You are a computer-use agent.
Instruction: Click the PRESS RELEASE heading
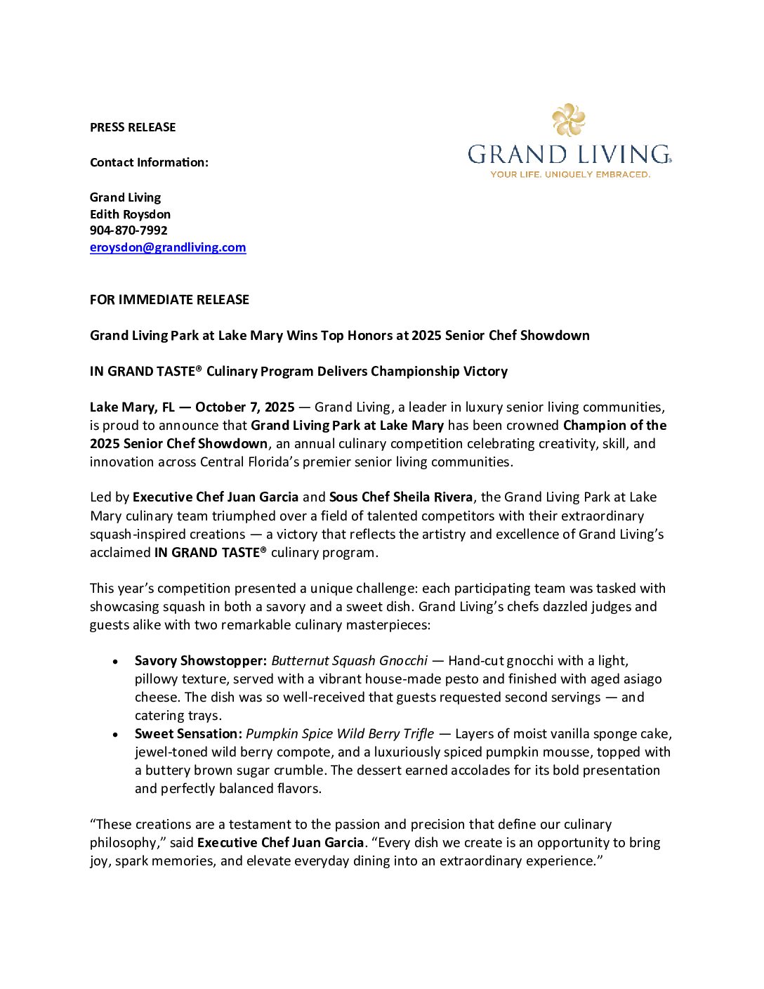pyautogui.click(x=133, y=127)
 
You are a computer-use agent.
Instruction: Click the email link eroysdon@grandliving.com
pyautogui.click(x=168, y=247)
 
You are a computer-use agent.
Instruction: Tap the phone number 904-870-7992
pyautogui.click(x=129, y=230)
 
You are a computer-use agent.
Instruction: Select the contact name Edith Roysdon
pyautogui.click(x=130, y=214)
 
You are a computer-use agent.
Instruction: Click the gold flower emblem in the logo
pyautogui.click(x=569, y=120)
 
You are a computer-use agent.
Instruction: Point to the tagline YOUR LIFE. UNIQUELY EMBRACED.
pyautogui.click(x=569, y=174)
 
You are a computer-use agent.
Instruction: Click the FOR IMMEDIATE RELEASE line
pyautogui.click(x=169, y=300)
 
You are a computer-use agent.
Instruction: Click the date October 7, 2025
pyautogui.click(x=245, y=407)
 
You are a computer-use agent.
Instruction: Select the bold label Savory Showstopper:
pyautogui.click(x=201, y=661)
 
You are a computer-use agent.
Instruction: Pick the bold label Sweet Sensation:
pyautogui.click(x=188, y=734)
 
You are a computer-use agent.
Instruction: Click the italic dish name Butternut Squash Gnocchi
pyautogui.click(x=349, y=661)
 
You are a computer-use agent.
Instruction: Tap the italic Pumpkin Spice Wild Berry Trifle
pyautogui.click(x=340, y=734)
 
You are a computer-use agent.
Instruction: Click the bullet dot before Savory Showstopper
pyautogui.click(x=115, y=662)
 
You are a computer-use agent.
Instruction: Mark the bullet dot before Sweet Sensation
pyautogui.click(x=115, y=735)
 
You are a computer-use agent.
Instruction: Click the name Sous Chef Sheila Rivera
pyautogui.click(x=401, y=497)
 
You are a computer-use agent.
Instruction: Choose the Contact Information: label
pyautogui.click(x=149, y=162)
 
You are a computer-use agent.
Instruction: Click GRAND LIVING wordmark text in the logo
pyautogui.click(x=569, y=155)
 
